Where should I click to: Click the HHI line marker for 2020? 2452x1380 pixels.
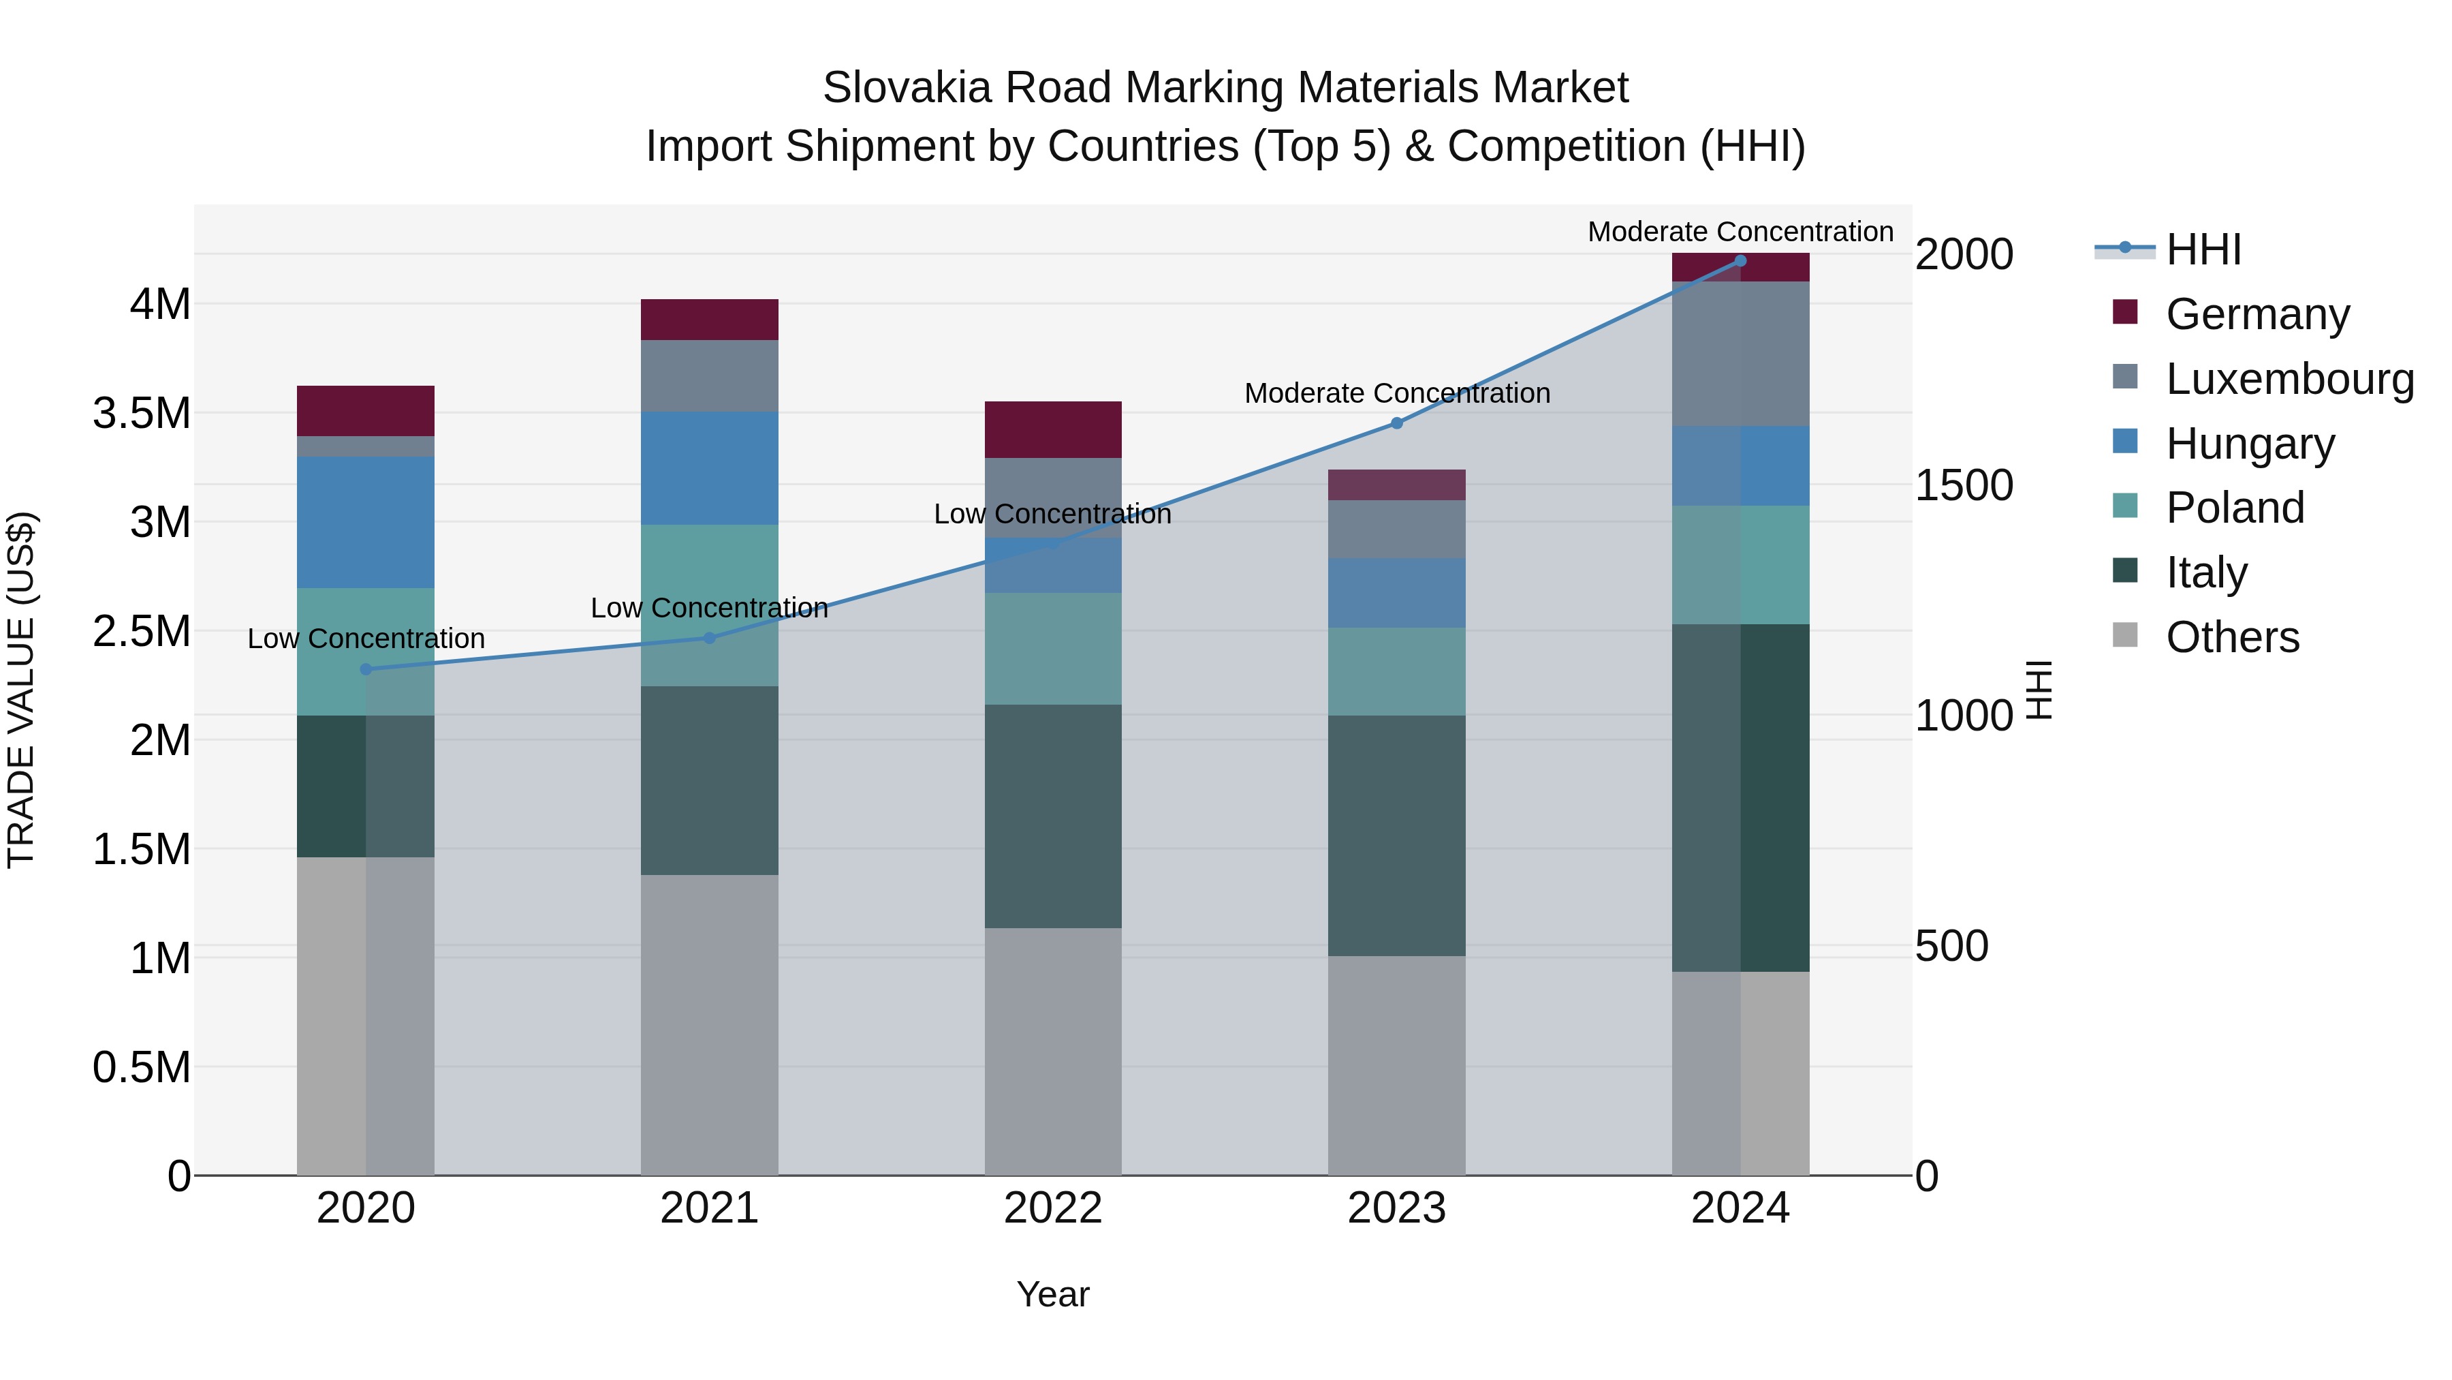point(366,669)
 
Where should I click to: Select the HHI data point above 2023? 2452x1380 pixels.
point(1396,423)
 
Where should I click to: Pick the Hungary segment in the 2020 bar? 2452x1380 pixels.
point(366,522)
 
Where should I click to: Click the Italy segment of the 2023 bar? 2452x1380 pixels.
point(1396,835)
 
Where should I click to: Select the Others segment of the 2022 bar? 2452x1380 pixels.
point(1053,1052)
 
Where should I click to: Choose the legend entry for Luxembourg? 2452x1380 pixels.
point(2289,379)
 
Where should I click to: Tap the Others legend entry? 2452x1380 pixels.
point(2231,637)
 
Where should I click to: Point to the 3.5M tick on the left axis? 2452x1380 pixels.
point(141,414)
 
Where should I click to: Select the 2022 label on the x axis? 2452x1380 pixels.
point(1053,1208)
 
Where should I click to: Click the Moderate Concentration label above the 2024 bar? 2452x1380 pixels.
point(1740,232)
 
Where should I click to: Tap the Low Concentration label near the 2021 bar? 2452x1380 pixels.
point(709,608)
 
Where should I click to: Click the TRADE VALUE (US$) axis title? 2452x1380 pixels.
point(21,690)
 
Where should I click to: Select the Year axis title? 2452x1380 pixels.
point(1053,1294)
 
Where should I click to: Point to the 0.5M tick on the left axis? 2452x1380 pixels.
point(141,1067)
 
